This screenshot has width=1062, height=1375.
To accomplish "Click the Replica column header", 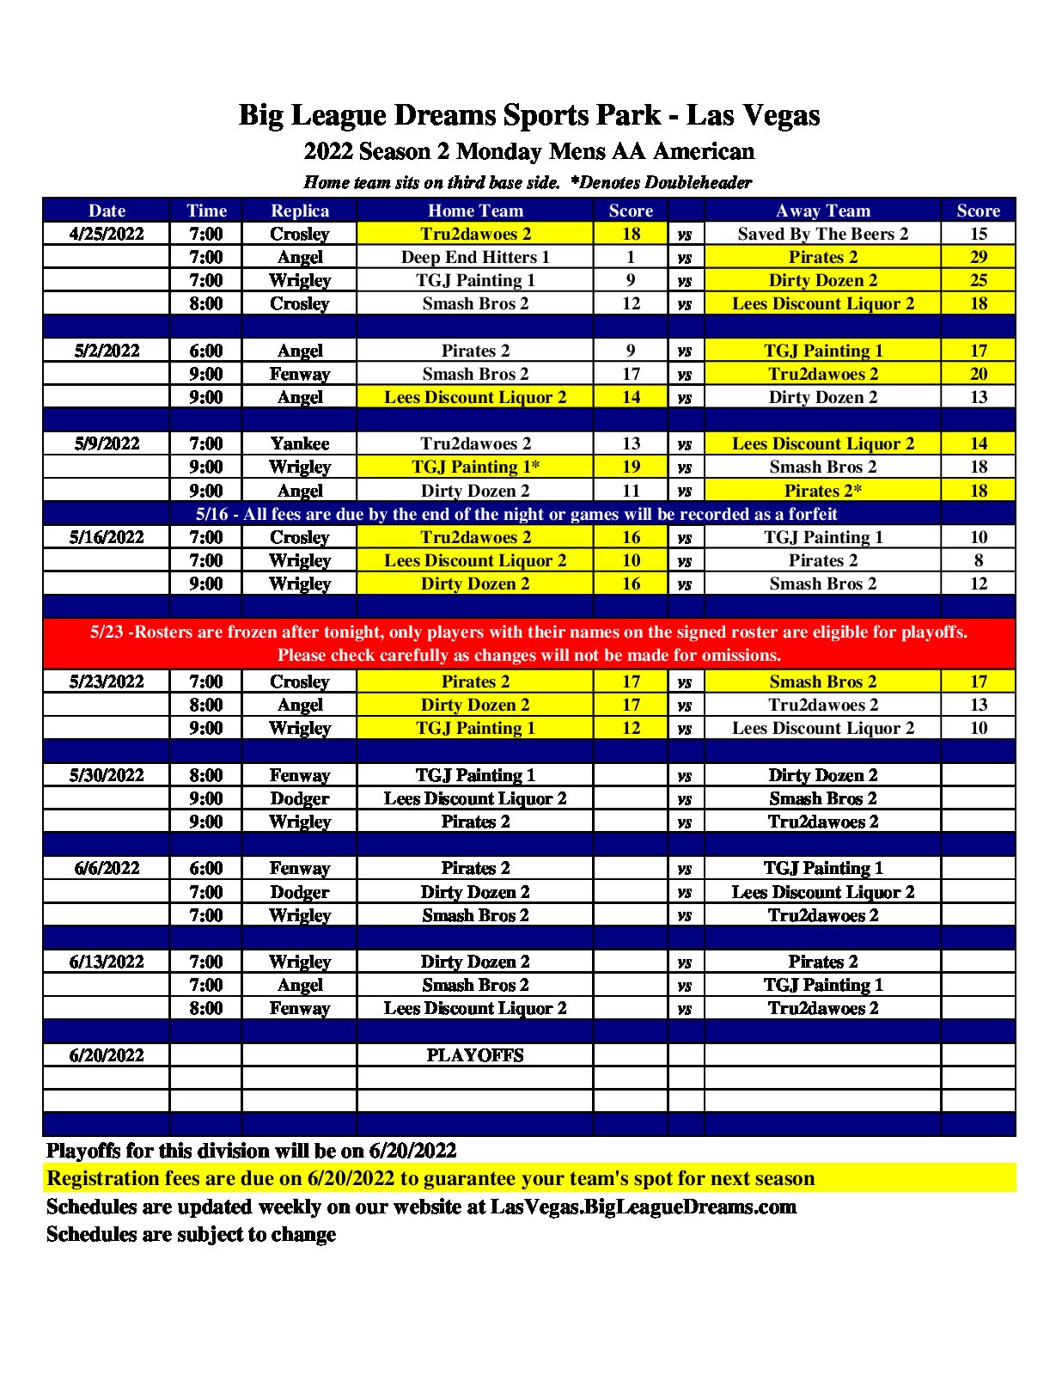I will (299, 211).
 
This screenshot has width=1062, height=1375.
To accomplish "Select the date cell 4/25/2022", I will (107, 234).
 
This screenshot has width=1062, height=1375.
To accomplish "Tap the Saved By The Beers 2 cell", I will (822, 234).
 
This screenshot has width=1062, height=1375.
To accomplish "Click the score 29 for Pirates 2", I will (978, 257).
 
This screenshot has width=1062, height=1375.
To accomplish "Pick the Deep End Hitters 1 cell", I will (474, 257).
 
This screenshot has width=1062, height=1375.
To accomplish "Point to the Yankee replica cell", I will (299, 443).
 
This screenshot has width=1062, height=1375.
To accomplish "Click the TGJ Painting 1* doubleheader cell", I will (474, 467).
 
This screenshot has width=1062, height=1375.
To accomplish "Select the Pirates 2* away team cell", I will (822, 491).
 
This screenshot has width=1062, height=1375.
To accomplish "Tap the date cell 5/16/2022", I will (107, 537).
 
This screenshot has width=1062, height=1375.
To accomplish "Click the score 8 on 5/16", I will (978, 560).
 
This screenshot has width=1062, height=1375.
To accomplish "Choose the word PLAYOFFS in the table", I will (474, 1055).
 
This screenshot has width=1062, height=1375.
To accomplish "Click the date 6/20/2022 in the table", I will (107, 1055).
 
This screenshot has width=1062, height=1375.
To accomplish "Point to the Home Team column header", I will (474, 211).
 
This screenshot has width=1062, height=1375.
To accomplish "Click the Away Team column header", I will (822, 211).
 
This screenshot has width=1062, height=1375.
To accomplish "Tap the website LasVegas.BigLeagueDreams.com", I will (643, 1207).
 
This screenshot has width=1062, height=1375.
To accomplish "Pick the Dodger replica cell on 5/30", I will (299, 798).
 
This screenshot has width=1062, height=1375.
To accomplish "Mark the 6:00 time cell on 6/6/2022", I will (206, 868).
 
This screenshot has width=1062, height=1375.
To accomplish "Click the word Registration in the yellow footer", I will (104, 1178).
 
